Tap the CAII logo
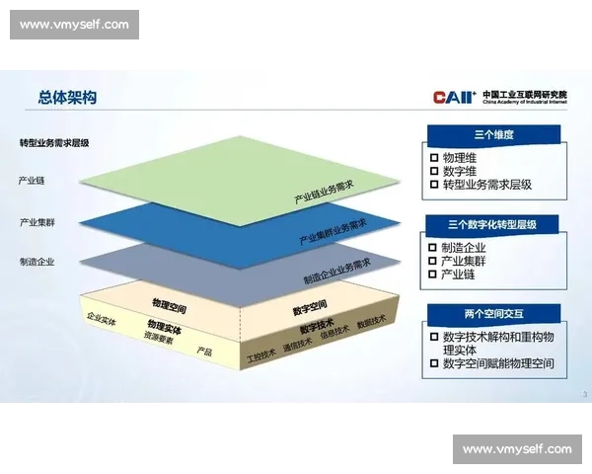click(455, 97)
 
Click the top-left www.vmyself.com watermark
click(74, 24)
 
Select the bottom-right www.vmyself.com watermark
click(517, 449)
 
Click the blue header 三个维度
click(494, 133)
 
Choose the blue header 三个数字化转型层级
click(494, 224)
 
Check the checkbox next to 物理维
click(434, 157)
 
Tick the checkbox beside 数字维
click(434, 171)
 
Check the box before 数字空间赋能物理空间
click(434, 363)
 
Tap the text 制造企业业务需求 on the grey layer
click(336, 273)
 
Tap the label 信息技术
click(334, 332)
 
